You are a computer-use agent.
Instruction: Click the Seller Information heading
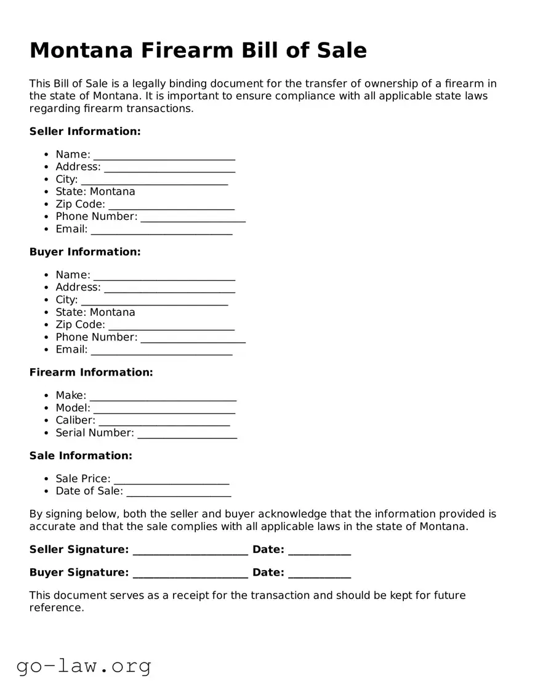85,131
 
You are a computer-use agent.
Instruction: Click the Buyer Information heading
85,252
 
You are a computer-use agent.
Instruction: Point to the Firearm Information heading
91,372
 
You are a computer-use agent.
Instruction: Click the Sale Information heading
81,456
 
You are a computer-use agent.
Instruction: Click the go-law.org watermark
84,666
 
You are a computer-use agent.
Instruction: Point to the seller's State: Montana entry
95,191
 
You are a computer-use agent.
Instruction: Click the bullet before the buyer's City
47,300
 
